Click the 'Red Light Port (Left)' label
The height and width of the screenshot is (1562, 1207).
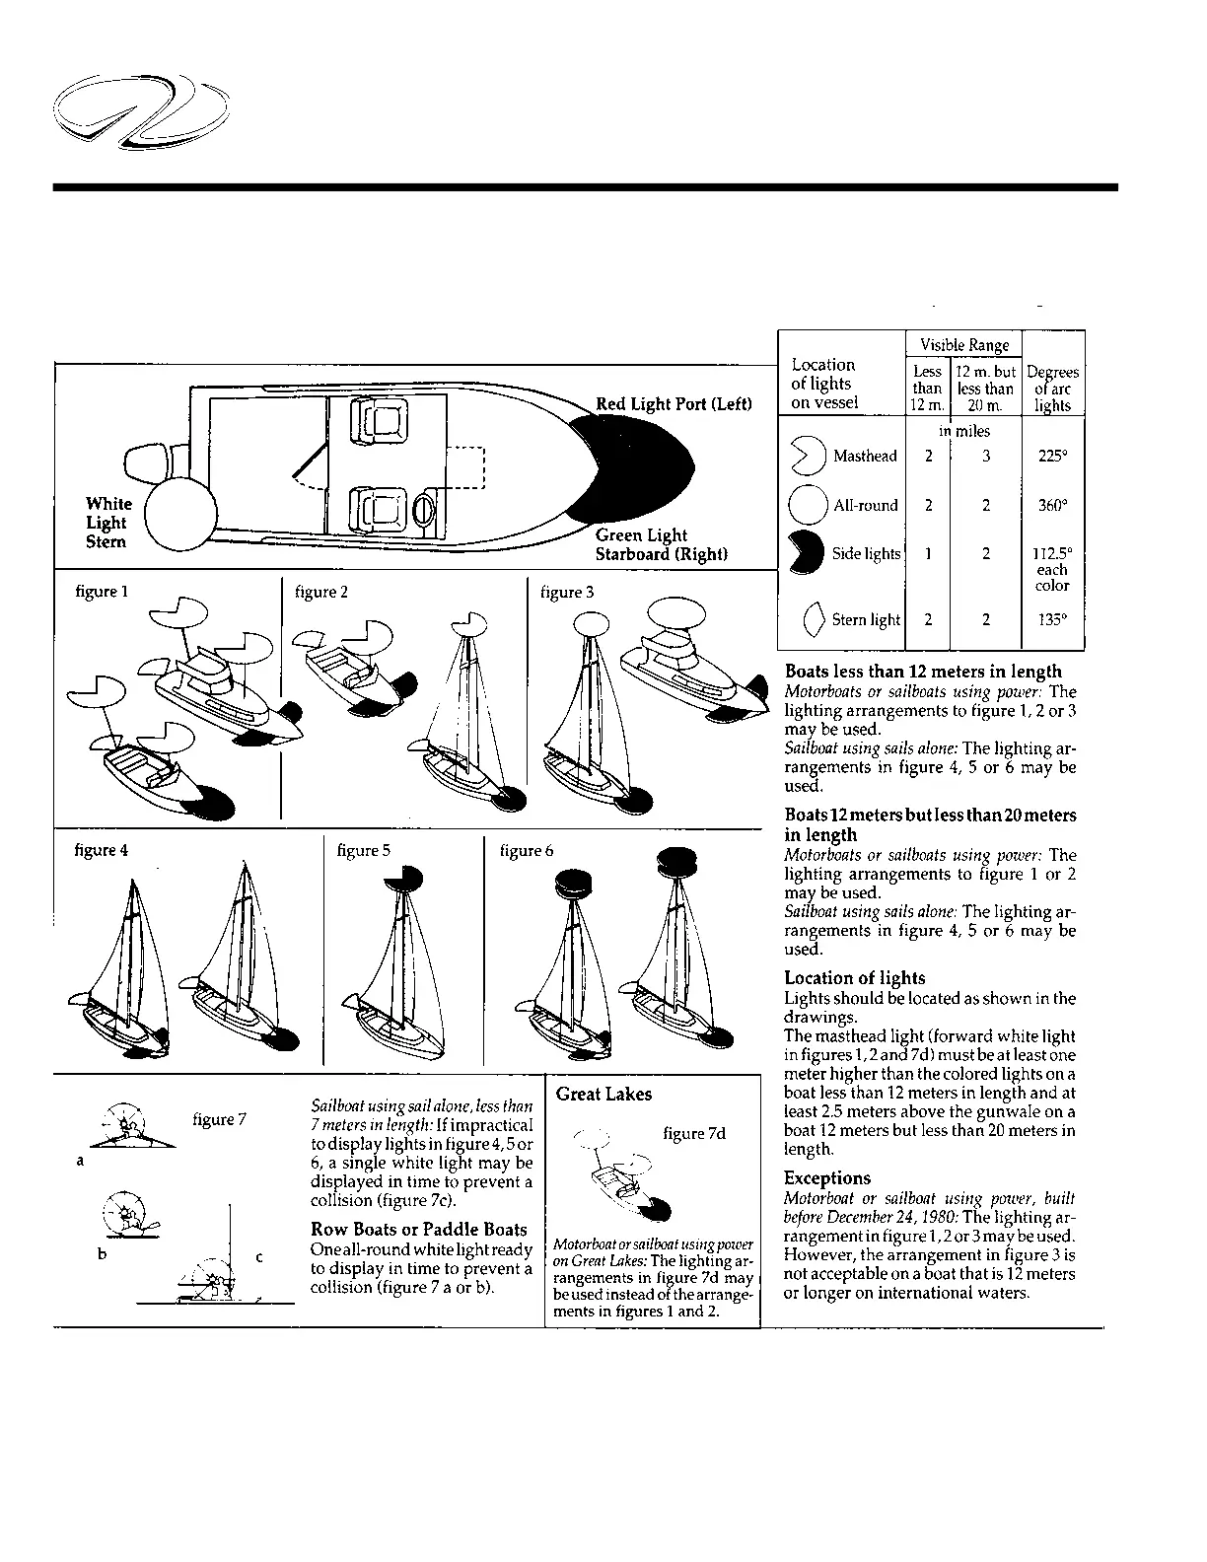click(674, 403)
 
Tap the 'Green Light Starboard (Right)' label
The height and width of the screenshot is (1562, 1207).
click(661, 544)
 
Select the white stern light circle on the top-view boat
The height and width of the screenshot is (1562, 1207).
click(180, 515)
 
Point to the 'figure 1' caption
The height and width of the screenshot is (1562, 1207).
click(102, 592)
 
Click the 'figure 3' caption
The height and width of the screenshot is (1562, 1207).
click(567, 592)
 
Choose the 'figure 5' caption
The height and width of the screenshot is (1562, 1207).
click(364, 850)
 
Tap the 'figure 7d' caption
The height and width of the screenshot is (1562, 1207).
click(694, 1133)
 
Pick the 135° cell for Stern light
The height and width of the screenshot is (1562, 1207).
click(1052, 620)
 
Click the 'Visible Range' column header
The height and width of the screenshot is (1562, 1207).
click(964, 345)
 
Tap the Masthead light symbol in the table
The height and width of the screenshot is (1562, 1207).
click(808, 457)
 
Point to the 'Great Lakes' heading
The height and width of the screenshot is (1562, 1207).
click(603, 1094)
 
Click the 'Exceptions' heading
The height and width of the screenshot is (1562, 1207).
click(827, 1177)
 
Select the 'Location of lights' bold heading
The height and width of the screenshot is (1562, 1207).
click(855, 978)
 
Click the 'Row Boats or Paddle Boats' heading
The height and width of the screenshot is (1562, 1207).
click(419, 1230)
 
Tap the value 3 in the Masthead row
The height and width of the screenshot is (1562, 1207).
click(986, 457)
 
